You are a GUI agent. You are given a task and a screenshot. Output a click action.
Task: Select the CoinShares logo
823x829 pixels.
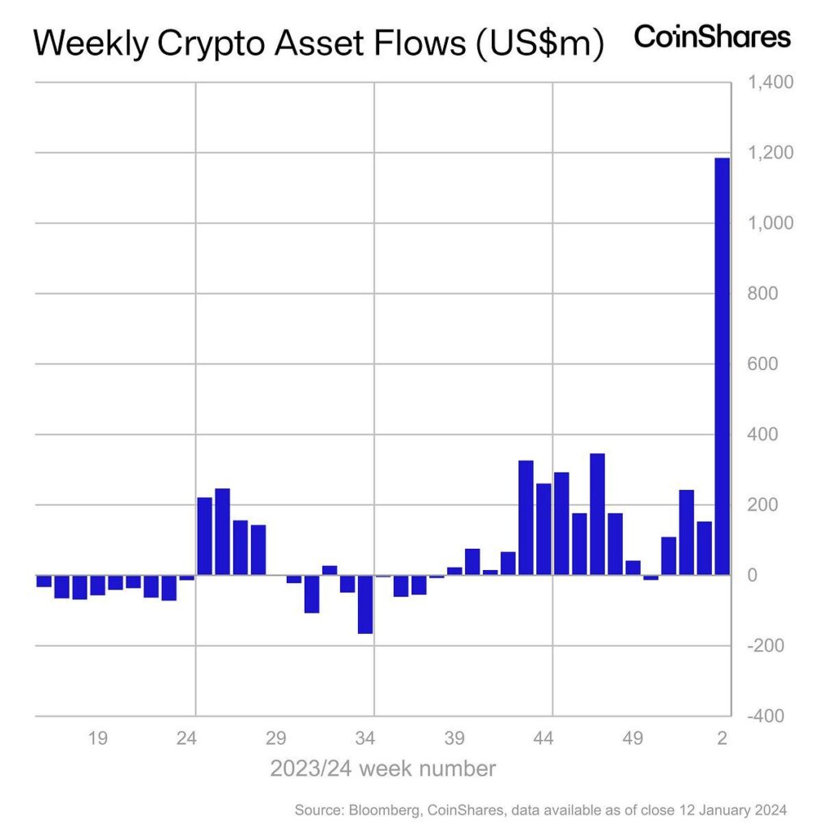pos(711,37)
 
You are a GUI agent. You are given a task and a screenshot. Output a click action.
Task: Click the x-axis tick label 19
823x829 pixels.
pos(98,738)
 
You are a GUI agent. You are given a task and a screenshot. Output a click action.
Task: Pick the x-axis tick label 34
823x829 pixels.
pos(365,738)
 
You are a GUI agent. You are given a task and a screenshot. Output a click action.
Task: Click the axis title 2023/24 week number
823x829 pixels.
pos(382,767)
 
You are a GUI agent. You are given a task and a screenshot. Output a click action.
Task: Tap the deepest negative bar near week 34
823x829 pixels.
pos(365,605)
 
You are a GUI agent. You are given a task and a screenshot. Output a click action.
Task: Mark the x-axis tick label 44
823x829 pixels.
pos(544,738)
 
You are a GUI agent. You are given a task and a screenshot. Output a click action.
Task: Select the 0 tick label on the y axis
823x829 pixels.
pos(752,576)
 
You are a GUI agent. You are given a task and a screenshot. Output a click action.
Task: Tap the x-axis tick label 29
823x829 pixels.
pos(276,738)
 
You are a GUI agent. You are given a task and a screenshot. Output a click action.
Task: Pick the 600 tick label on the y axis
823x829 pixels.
pos(761,363)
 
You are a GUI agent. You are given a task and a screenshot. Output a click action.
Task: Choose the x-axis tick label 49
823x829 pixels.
pos(633,738)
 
